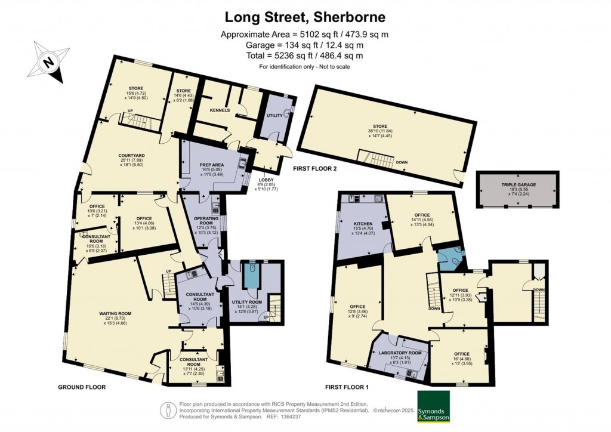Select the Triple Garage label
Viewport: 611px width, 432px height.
(518, 185)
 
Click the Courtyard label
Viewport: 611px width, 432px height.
(132, 156)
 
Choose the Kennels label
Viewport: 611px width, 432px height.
(220, 110)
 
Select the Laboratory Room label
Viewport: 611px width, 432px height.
(401, 353)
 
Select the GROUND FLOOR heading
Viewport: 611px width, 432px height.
(82, 387)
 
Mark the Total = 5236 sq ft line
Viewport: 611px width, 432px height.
(304, 55)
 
